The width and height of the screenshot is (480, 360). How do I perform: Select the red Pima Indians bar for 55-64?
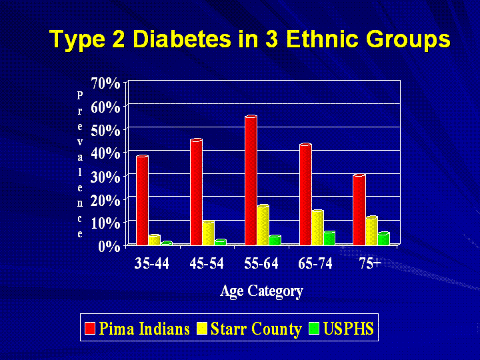tap(251, 180)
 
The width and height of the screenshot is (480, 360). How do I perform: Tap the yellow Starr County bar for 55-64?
tap(263, 225)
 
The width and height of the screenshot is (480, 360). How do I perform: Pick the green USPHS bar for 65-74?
tap(329, 238)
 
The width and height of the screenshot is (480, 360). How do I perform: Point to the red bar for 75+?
tap(359, 210)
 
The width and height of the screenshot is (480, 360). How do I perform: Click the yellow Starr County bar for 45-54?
tap(208, 233)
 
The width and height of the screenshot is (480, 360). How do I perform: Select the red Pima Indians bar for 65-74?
tap(305, 195)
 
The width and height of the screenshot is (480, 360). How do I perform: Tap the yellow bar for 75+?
tap(371, 231)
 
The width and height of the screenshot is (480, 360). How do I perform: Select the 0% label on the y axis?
tap(111, 246)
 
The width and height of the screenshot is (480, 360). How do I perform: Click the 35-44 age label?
tap(152, 263)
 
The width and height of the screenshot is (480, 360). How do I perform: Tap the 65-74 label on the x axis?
tap(315, 263)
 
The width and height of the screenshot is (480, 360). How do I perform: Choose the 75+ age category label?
tap(369, 263)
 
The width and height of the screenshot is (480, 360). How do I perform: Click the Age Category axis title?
tap(261, 291)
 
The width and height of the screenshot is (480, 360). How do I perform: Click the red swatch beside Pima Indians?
tap(90, 329)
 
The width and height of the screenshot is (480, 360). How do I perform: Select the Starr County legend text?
tap(256, 329)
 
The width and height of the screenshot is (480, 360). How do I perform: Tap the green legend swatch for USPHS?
tap(315, 329)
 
